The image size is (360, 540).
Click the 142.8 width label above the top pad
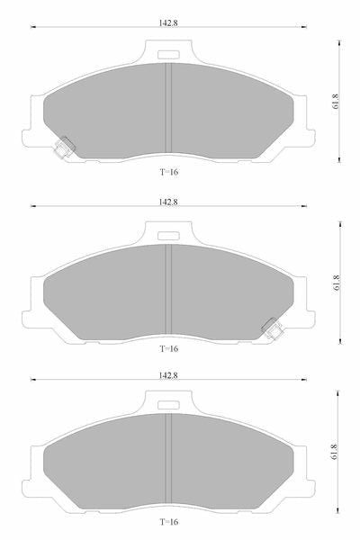point(168,22)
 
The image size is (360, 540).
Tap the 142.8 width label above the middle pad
point(168,202)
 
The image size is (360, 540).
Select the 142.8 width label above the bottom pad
point(168,375)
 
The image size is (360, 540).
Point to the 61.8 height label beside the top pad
point(336,102)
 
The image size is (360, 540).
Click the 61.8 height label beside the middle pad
point(337,283)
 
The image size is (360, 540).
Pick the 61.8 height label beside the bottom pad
point(334,452)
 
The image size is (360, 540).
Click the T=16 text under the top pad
point(169,172)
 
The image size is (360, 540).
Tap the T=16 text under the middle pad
point(169,348)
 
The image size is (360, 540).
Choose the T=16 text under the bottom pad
point(169,522)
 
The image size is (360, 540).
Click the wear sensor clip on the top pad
point(65,148)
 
